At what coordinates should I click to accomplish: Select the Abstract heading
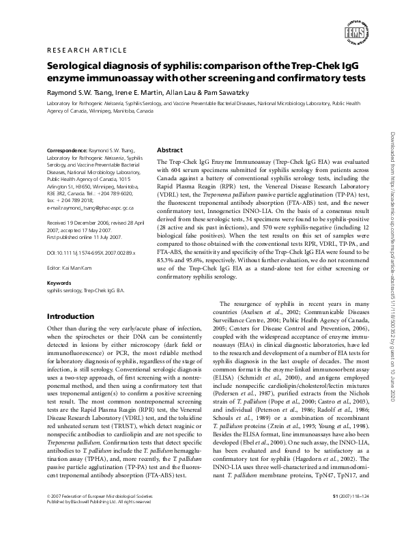click(170, 150)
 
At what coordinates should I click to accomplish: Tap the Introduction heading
click(72, 317)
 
